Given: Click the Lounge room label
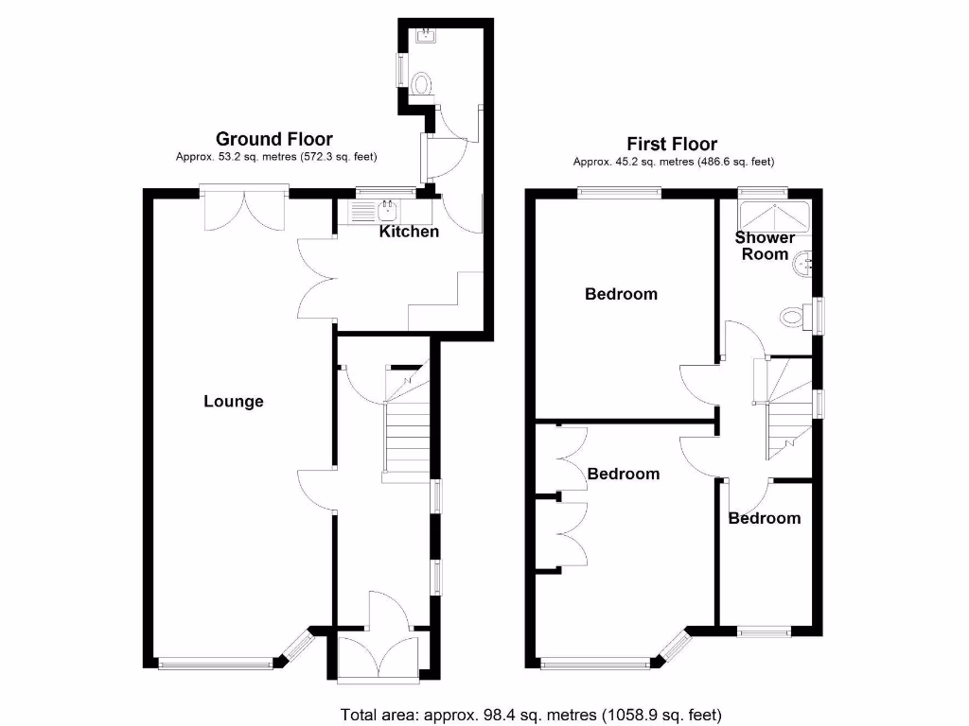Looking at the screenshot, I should click(x=234, y=402).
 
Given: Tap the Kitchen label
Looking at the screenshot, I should click(x=409, y=232).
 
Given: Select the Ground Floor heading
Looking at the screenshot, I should click(x=274, y=140).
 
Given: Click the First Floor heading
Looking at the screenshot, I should click(x=672, y=144).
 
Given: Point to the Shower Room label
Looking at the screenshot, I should click(x=765, y=246).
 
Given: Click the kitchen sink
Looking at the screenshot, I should click(x=386, y=209).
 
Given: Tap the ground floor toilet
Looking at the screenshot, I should click(x=423, y=85).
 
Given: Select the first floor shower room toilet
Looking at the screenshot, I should click(x=793, y=318).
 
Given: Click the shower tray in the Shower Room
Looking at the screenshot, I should click(x=773, y=216).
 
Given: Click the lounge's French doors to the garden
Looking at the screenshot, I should click(x=244, y=210).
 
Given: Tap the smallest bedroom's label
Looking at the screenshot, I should click(x=765, y=518).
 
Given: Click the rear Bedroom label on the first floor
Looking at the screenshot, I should click(x=621, y=294).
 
